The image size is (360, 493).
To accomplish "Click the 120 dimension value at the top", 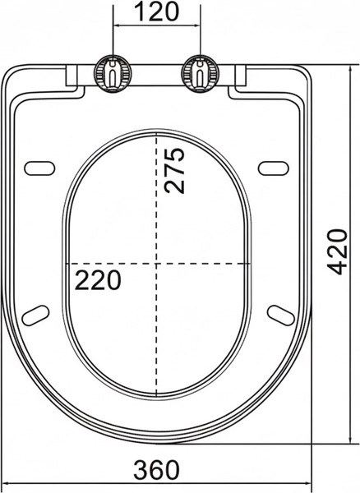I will (155, 13).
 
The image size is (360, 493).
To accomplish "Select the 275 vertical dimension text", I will (173, 170).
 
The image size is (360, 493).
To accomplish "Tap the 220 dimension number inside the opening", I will (98, 279).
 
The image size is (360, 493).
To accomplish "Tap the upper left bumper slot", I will (39, 167).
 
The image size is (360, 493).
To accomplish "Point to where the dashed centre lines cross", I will (155, 264).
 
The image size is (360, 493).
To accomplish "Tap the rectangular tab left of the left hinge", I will (74, 76).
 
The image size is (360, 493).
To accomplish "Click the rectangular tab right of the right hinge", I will (240, 76).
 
